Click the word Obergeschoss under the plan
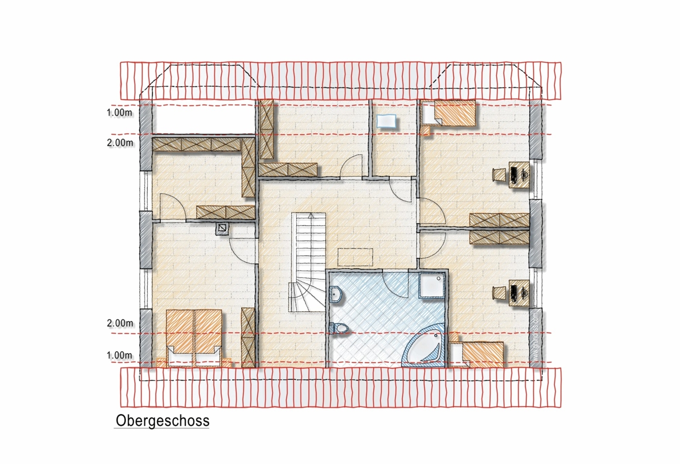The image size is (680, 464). click(x=162, y=421)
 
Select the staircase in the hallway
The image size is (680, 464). click(x=308, y=263)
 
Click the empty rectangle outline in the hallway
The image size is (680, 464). click(x=355, y=257)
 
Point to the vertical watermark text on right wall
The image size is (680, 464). click(x=536, y=336)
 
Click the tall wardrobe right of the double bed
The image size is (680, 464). click(x=248, y=337)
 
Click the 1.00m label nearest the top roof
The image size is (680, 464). click(x=120, y=113)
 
